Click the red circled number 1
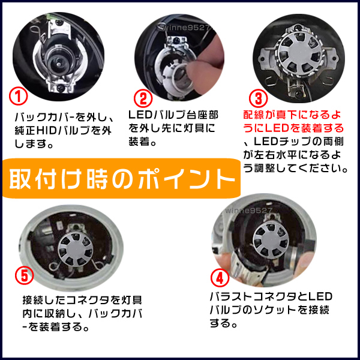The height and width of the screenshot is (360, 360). click(19, 97)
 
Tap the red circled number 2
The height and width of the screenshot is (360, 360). click(143, 99)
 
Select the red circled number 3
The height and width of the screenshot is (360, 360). click(258, 98)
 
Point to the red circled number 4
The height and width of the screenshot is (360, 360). click(220, 278)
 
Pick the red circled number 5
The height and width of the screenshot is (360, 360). click(25, 275)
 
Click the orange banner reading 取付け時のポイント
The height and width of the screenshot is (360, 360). click(121, 178)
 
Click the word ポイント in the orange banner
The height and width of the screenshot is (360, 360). click(186, 179)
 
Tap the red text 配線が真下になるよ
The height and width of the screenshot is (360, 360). click(292, 115)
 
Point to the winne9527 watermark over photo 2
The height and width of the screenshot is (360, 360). click(186, 28)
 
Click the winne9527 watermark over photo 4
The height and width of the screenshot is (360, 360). click(248, 211)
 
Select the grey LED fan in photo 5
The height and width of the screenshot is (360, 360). click(75, 250)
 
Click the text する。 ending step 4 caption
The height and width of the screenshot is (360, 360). click(223, 323)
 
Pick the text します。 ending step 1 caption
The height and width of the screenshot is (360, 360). click(34, 144)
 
